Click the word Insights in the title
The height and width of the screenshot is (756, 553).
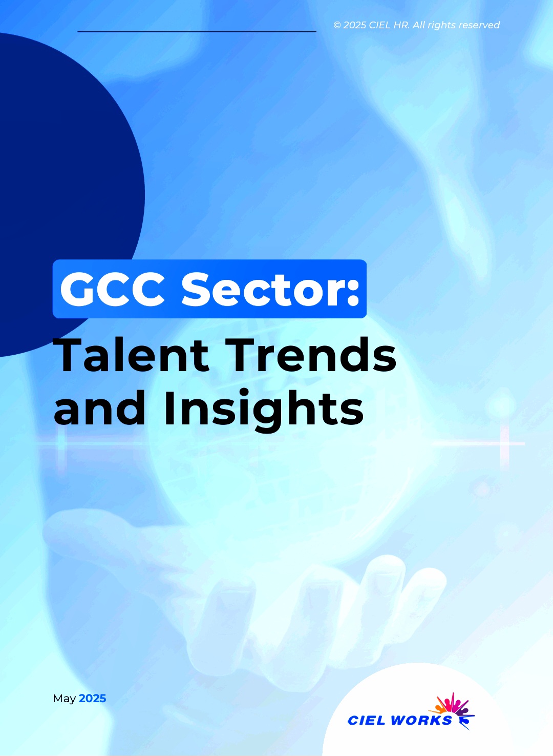coord(263,409)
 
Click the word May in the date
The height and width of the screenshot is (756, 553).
coord(64,699)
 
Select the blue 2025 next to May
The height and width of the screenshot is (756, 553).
coord(92,698)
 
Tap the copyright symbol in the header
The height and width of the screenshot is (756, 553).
coord(337,25)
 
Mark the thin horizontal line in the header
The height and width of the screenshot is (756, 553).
coord(197,32)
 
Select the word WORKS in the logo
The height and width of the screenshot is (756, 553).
coord(421,720)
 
